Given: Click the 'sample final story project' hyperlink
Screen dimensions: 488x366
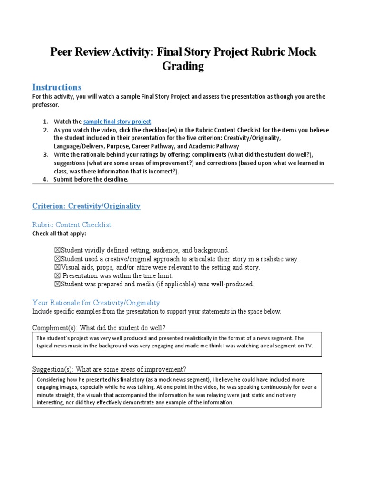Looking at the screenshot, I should [117, 122].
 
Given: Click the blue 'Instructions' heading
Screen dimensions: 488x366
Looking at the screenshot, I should [57, 87].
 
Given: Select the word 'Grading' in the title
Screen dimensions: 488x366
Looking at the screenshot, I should [183, 66].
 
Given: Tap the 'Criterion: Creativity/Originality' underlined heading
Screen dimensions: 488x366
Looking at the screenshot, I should [86, 206].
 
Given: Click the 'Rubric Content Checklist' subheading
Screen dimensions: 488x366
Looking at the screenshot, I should [71, 224].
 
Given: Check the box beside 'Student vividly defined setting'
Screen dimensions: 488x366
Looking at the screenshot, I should [57, 250].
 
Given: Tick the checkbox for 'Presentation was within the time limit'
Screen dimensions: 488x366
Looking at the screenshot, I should [57, 276].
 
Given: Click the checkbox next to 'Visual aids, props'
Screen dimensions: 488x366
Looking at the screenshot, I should [57, 267].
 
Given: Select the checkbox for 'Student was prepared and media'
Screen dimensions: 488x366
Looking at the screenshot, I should [57, 285].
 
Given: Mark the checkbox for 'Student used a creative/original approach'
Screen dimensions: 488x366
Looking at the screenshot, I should [57, 259].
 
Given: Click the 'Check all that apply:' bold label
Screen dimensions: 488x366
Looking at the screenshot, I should [59, 234].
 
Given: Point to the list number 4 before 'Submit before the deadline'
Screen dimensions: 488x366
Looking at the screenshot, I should [45, 179].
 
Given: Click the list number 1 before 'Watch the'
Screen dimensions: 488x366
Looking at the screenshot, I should [45, 122].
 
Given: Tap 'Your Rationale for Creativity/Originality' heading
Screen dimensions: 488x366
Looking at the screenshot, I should [96, 303].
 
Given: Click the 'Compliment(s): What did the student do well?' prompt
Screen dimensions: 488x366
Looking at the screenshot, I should [99, 328].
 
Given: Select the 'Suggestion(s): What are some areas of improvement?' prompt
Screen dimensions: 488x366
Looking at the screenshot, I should [109, 369].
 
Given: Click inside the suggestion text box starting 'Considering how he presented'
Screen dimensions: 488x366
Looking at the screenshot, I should [176, 391].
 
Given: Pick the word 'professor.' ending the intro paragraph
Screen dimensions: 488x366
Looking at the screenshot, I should [46, 105].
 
